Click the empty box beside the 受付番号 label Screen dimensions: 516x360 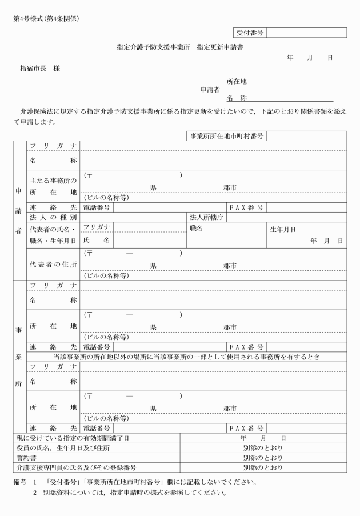306,33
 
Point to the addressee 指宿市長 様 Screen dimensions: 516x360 39,69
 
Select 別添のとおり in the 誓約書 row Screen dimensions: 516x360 263,458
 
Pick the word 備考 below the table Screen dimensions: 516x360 21,482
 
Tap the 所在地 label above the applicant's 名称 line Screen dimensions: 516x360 237,81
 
